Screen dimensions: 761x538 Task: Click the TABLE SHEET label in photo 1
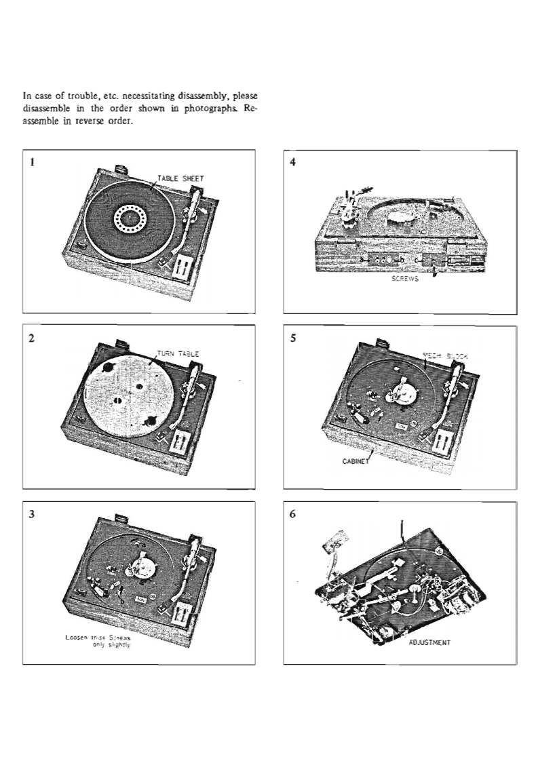181,178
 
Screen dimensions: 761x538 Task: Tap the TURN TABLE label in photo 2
178,353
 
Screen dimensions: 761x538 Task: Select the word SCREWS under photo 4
403,286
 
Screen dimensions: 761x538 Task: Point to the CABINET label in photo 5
353,459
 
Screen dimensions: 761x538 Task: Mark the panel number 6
292,514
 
